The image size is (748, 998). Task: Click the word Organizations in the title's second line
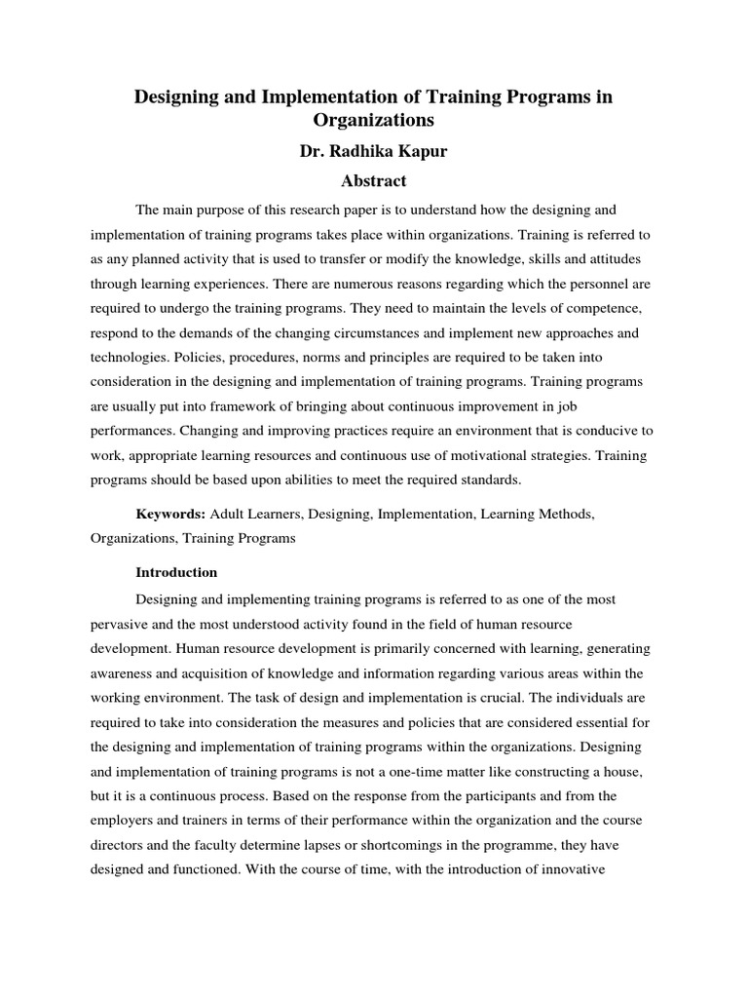[x=373, y=122]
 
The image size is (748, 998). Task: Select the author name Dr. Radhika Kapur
[x=373, y=152]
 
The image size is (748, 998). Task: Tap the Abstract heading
[x=373, y=181]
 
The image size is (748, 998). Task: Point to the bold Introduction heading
[x=176, y=572]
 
